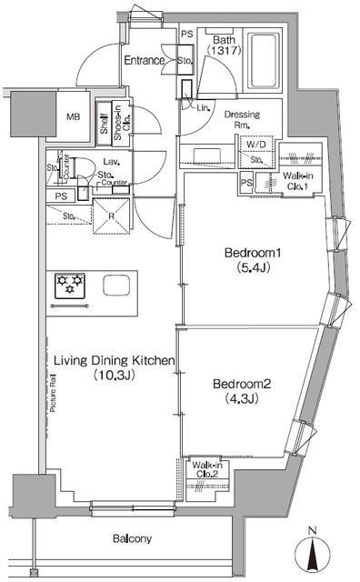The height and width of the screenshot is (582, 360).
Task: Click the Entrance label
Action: click(x=143, y=61)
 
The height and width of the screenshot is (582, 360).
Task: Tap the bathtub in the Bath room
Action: click(x=264, y=61)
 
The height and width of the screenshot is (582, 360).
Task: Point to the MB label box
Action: click(x=70, y=117)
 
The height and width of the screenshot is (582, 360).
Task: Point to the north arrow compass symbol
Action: click(x=312, y=551)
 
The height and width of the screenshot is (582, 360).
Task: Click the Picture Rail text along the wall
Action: click(x=53, y=392)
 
